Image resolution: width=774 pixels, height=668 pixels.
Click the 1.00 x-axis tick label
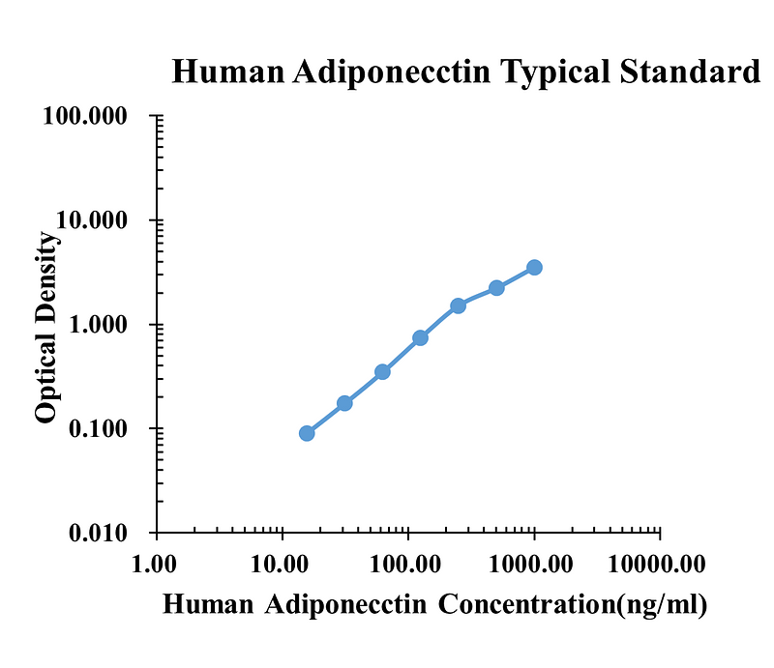[157, 563]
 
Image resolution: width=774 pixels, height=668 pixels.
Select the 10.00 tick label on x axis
[283, 563]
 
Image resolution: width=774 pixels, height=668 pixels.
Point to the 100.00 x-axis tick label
[408, 563]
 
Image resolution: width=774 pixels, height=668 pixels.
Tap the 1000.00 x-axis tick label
[534, 563]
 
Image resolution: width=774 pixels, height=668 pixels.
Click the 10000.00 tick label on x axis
[660, 563]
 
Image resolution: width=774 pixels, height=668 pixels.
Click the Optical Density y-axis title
[45, 329]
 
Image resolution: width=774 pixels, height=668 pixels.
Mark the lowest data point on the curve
[307, 433]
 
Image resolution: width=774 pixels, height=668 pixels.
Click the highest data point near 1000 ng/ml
[534, 267]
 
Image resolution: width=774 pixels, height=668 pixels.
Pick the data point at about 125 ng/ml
[420, 337]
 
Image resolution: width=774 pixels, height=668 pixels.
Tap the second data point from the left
[344, 403]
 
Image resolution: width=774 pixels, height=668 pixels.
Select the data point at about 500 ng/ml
[496, 288]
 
